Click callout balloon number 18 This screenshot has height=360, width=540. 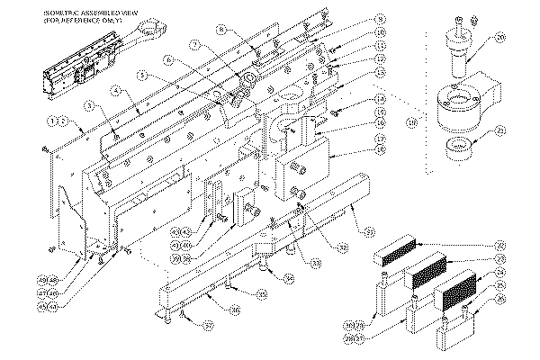[382, 149]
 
